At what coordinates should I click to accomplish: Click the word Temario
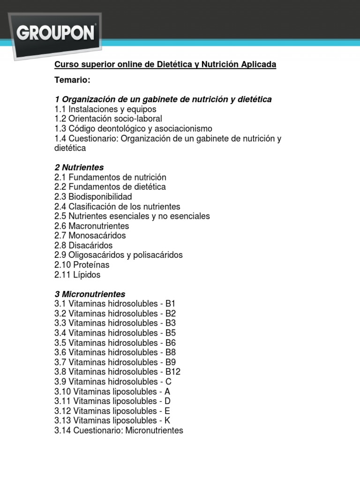(x=72, y=80)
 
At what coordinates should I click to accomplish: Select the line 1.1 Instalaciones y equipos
(x=105, y=109)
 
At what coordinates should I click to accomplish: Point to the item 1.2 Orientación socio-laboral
(x=108, y=119)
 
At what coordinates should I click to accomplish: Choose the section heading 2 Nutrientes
(x=79, y=168)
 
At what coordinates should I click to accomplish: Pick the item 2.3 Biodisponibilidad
(x=93, y=197)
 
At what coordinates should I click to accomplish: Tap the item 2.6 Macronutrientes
(x=92, y=226)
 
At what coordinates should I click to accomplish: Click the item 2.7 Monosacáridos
(x=90, y=236)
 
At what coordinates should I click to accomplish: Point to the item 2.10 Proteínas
(x=82, y=265)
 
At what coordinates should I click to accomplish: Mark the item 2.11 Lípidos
(x=77, y=275)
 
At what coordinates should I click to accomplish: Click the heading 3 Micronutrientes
(x=90, y=294)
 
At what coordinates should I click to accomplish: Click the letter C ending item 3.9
(x=169, y=382)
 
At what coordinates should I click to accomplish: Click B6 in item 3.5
(x=171, y=343)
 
